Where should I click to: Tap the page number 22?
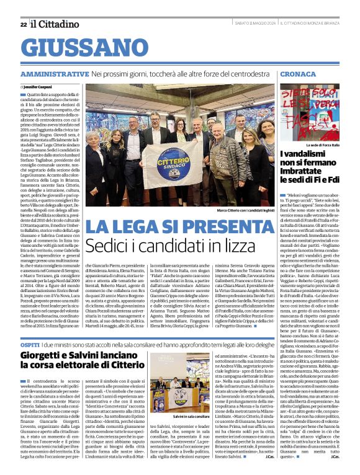point(24,24)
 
